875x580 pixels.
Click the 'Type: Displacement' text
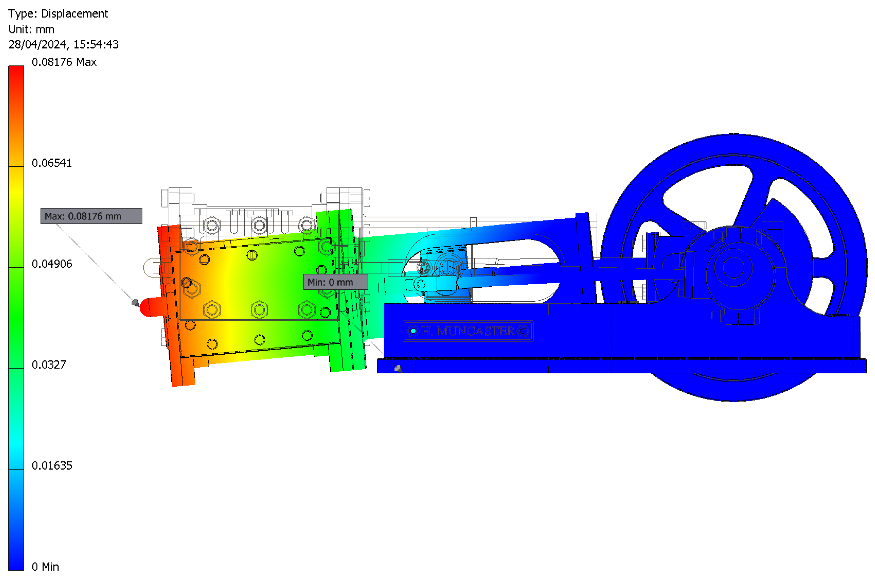pos(58,14)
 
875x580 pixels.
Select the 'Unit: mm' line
pos(31,29)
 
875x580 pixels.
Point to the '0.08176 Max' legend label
pos(64,62)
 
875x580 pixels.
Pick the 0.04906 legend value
pos(52,264)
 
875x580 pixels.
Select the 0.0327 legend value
pos(49,365)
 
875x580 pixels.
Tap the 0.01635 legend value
pos(52,465)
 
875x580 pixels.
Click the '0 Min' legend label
pos(45,567)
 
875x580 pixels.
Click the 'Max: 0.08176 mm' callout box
pos(91,216)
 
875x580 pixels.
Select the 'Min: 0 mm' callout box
pos(336,282)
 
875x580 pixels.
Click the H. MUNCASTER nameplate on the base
pos(468,331)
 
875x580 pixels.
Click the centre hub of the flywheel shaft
pos(733,267)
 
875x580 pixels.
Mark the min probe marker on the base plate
pos(398,368)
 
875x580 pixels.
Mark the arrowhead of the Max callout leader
pos(136,303)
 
